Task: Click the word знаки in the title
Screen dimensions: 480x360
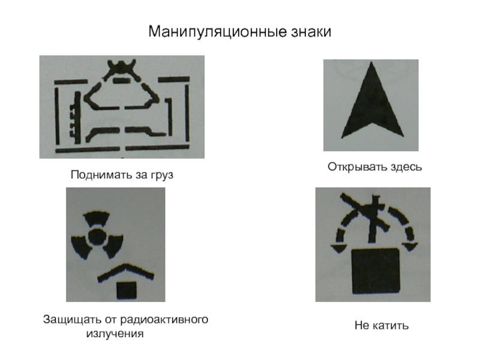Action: coord(311,32)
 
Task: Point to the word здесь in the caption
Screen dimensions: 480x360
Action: coord(402,167)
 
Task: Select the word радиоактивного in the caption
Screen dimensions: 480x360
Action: coord(164,319)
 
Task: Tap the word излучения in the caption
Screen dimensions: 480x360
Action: coord(115,333)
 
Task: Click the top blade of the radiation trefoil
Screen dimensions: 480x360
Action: coord(97,218)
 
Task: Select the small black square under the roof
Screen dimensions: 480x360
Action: coord(127,290)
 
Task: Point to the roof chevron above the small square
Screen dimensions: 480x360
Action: coord(125,272)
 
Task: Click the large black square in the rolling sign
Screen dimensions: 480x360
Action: coord(376,272)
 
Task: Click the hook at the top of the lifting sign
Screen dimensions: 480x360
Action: coord(122,69)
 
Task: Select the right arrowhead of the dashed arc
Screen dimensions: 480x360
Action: coord(410,247)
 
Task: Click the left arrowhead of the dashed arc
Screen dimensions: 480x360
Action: coord(338,248)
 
